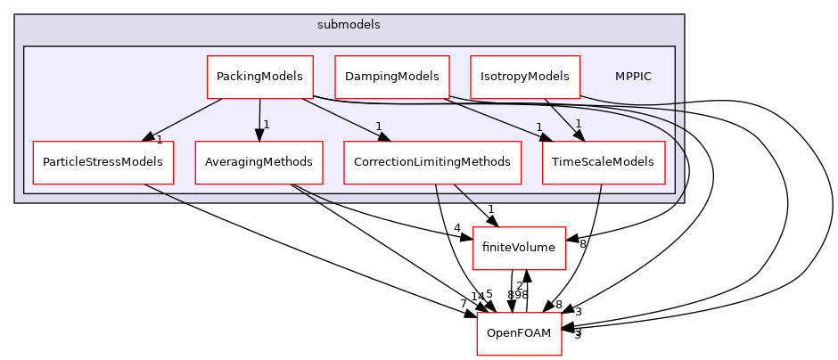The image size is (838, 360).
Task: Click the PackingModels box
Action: pyautogui.click(x=259, y=77)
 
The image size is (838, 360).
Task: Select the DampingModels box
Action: pyautogui.click(x=391, y=77)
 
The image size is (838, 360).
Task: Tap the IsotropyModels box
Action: pyautogui.click(x=524, y=77)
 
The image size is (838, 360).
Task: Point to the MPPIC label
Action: pyautogui.click(x=632, y=77)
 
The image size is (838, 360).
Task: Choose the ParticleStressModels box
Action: pyautogui.click(x=103, y=162)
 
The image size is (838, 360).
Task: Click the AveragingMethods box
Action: pyautogui.click(x=259, y=162)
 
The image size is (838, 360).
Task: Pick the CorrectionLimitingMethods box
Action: pyautogui.click(x=431, y=162)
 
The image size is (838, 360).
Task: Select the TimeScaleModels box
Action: pyautogui.click(x=603, y=162)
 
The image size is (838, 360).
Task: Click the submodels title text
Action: pyautogui.click(x=349, y=25)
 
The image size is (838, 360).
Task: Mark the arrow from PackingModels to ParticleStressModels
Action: pyautogui.click(x=183, y=119)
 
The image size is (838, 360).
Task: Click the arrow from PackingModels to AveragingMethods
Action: pyautogui.click(x=259, y=116)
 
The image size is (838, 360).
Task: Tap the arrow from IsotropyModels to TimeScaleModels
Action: pyautogui.click(x=562, y=119)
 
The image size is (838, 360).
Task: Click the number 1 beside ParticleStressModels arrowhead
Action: pyautogui.click(x=160, y=140)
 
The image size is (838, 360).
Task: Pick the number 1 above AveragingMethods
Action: pyautogui.click(x=266, y=125)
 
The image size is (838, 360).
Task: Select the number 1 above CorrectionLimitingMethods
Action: pyautogui.click(x=379, y=126)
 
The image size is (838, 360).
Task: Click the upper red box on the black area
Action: pyautogui.click(x=519, y=248)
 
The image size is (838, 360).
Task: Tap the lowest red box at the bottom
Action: pyautogui.click(x=519, y=333)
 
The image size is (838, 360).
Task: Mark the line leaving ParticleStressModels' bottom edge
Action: pyautogui.click(x=165, y=193)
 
